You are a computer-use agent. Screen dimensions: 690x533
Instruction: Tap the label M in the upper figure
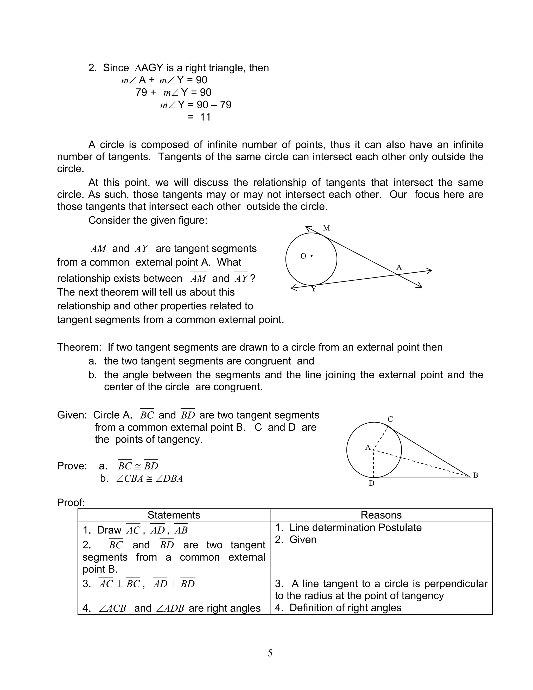pyautogui.click(x=327, y=228)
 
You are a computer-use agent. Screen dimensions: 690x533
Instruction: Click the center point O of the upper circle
pyautogui.click(x=311, y=256)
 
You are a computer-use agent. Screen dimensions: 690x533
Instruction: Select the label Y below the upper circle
pyautogui.click(x=314, y=289)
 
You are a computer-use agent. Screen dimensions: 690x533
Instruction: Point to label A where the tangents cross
pyautogui.click(x=399, y=267)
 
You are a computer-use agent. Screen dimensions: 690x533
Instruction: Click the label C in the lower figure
pyautogui.click(x=390, y=419)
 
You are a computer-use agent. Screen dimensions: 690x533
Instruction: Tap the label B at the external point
pyautogui.click(x=475, y=475)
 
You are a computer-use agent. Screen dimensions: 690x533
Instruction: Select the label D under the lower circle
pyautogui.click(x=372, y=483)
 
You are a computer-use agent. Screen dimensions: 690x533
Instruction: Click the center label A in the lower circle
pyautogui.click(x=368, y=447)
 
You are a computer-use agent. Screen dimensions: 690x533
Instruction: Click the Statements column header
pyautogui.click(x=174, y=515)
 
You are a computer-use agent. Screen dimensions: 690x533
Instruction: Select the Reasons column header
pyautogui.click(x=381, y=515)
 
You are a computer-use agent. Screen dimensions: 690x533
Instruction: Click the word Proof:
pyautogui.click(x=71, y=502)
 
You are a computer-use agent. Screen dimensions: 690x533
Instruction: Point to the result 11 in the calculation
pyautogui.click(x=205, y=117)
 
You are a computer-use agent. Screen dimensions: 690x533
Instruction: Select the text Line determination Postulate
pyautogui.click(x=355, y=528)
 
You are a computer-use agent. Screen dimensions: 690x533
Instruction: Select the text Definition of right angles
pyautogui.click(x=345, y=608)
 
